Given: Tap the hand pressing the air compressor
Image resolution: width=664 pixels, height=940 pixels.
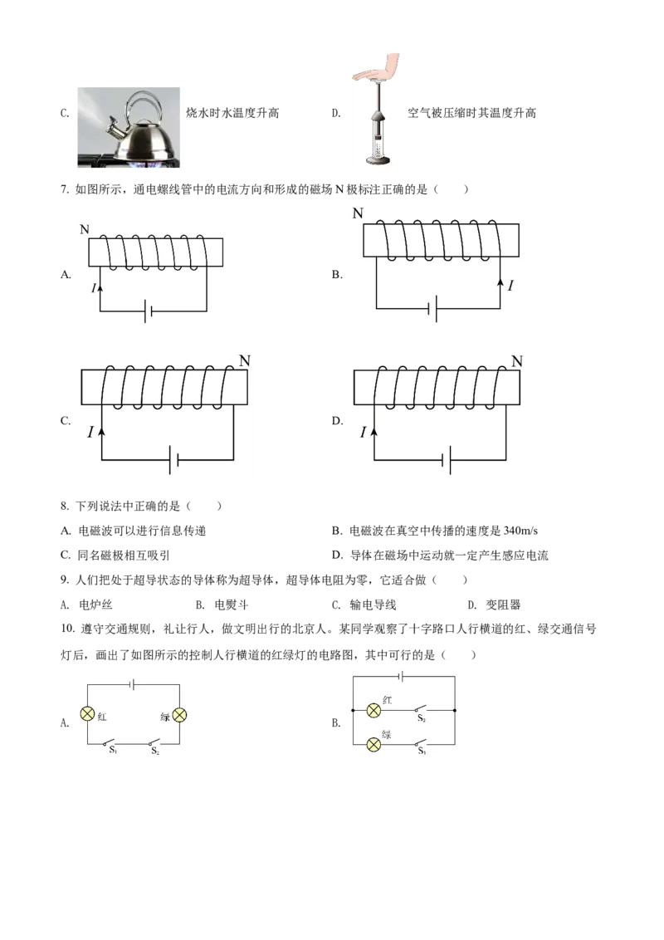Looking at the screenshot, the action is coord(376,68).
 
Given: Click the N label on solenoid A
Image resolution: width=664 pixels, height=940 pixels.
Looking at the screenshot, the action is coord(85,229).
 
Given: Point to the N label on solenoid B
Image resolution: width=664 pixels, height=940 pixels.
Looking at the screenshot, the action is coord(358,213).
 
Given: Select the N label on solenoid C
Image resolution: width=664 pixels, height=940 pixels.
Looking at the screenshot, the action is coord(245,360).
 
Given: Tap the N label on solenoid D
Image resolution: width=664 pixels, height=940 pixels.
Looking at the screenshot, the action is coord(517,361).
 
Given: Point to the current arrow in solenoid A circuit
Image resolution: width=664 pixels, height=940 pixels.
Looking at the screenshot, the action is coord(100,288).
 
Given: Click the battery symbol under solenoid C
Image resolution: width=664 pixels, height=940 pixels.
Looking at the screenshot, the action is coord(173,459).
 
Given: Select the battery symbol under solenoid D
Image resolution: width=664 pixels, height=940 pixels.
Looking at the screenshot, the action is coord(447,460).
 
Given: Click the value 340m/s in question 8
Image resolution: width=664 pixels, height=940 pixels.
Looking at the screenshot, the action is coord(520,531).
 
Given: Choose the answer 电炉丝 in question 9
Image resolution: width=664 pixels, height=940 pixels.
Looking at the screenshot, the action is coord(96,605).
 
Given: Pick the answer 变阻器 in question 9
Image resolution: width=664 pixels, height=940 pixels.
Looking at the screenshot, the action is coord(503,605).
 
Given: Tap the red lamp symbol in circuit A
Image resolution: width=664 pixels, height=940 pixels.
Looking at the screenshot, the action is coord(87,713).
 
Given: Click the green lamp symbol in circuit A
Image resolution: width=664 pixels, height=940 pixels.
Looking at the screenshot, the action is coord(179,715).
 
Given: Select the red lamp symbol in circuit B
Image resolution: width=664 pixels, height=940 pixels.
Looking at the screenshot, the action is coord(373,710).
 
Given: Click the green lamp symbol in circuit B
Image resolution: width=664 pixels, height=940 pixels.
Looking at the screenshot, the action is coord(373,745).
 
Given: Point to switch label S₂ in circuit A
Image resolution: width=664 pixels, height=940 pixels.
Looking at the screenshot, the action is coord(155,751).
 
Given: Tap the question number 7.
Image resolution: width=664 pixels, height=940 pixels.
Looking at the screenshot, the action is coord(64,189).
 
